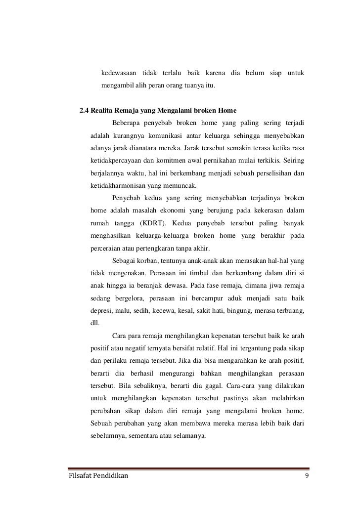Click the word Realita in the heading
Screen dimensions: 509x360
103,110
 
